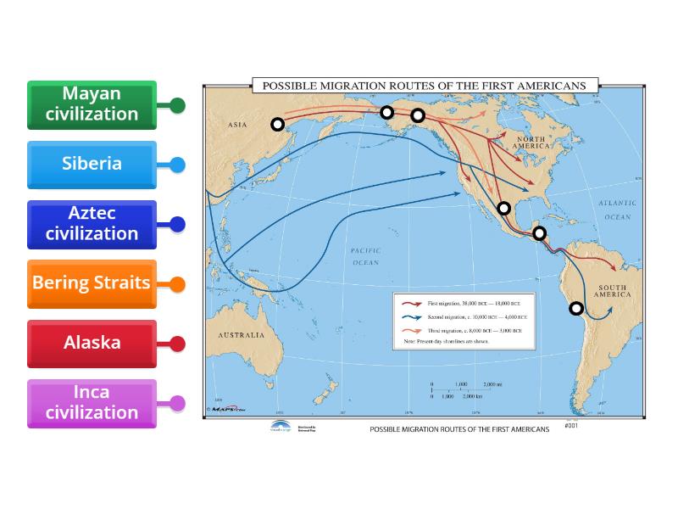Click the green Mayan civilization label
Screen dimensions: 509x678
[x=92, y=104]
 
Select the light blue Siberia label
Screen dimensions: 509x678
[x=92, y=165]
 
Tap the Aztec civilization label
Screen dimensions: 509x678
[x=92, y=224]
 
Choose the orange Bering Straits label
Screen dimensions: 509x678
[x=92, y=283]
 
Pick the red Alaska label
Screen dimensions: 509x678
[x=92, y=344]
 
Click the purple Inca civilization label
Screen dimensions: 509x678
[x=92, y=403]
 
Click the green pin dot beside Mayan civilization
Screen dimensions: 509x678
[x=177, y=105]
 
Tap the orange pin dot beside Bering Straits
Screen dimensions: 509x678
[x=177, y=284]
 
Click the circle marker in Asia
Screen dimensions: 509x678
[x=277, y=125]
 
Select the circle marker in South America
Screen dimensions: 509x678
[x=576, y=309]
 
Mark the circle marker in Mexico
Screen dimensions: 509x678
[x=504, y=208]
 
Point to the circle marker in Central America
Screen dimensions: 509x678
[x=539, y=233]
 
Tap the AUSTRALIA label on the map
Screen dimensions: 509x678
[x=242, y=335]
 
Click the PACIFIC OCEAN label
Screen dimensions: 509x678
[x=365, y=257]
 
